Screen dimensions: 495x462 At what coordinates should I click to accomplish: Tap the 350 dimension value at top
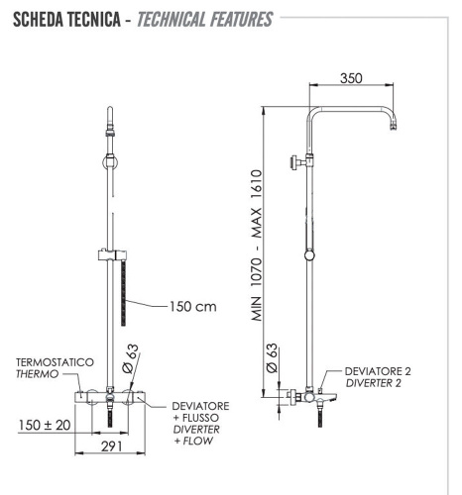(350, 77)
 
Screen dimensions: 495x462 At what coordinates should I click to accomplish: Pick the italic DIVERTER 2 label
(377, 383)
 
